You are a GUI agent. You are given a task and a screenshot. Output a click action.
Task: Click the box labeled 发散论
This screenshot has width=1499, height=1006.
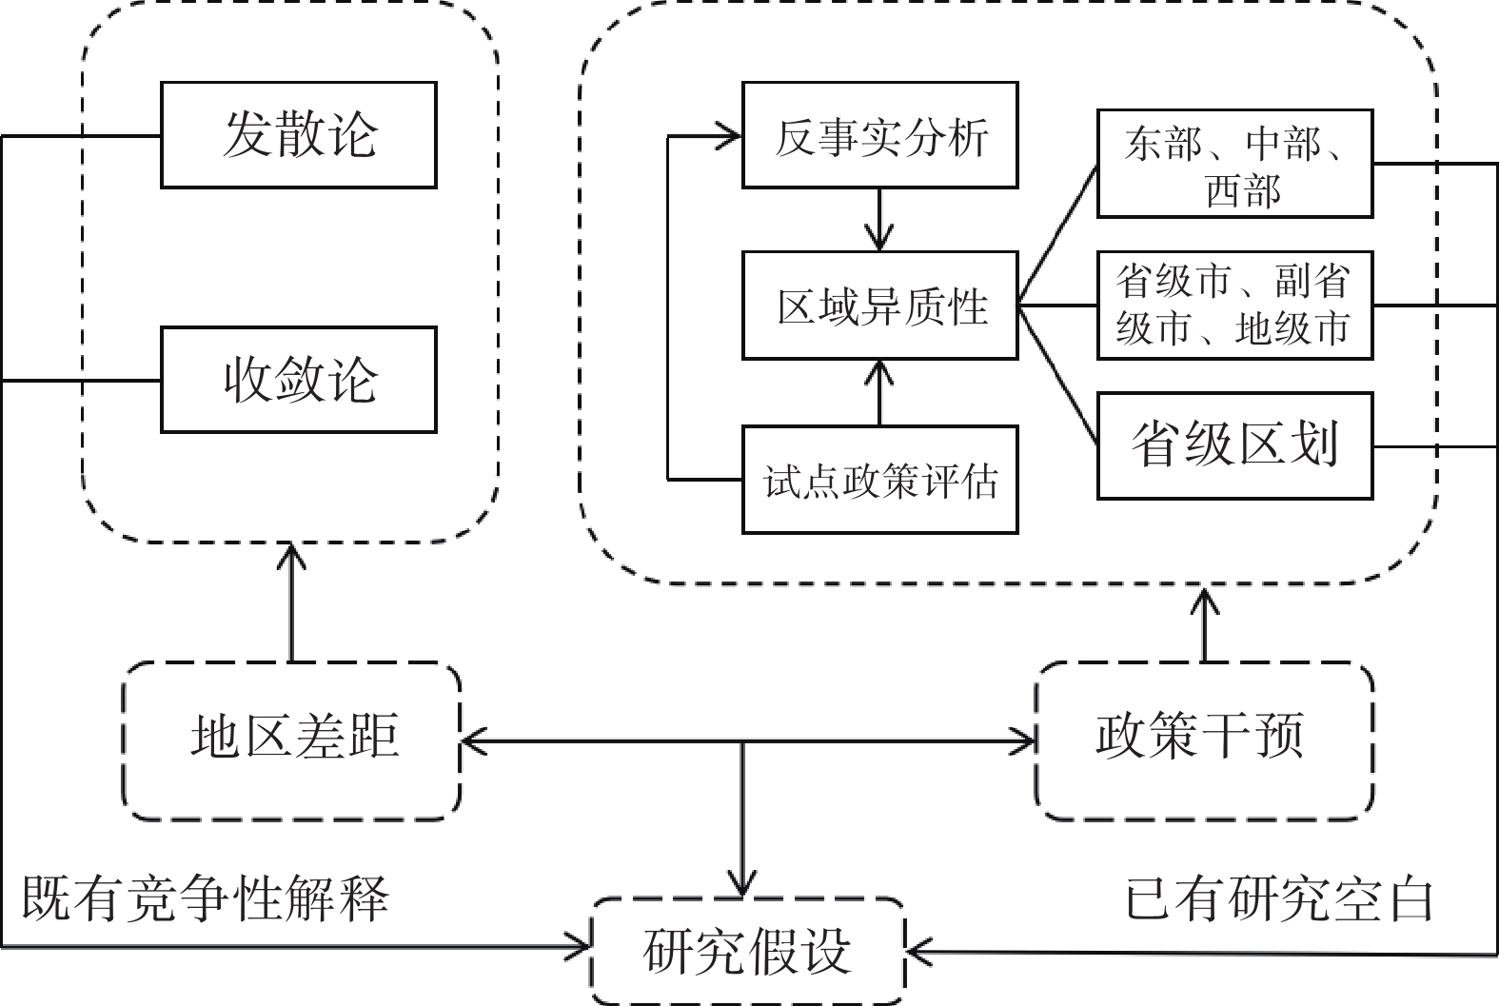tap(298, 134)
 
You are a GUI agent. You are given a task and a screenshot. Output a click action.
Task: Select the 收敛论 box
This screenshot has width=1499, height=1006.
tap(298, 380)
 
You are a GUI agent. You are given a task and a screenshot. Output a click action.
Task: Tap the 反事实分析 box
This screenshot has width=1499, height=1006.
tap(879, 134)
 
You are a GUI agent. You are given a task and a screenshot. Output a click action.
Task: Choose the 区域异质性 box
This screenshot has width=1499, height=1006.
tap(879, 306)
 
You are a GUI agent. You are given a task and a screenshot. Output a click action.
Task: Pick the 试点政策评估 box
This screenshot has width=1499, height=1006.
tap(879, 480)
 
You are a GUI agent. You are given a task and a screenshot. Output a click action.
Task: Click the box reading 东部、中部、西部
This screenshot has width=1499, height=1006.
tap(1234, 164)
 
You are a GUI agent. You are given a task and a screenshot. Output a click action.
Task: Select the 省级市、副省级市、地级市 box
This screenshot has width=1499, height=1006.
tap(1234, 306)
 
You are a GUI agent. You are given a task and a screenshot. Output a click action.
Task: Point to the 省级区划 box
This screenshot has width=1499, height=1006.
tap(1234, 445)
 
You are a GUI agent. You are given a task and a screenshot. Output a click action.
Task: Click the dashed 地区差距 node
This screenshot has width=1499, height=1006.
tap(291, 740)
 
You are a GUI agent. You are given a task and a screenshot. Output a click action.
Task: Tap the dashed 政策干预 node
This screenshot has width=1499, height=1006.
tap(1204, 740)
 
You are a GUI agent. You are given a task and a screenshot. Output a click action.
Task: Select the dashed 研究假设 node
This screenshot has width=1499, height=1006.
tap(747, 951)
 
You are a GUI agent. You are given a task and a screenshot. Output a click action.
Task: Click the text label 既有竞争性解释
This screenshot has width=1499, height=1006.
tap(206, 898)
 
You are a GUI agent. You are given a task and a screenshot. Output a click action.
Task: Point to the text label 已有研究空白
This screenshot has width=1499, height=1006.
tap(1279, 898)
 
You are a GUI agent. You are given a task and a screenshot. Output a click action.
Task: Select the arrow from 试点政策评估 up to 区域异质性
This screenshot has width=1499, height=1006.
tap(879, 392)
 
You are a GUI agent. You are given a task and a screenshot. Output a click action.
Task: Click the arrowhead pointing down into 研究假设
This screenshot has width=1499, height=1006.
tap(742, 883)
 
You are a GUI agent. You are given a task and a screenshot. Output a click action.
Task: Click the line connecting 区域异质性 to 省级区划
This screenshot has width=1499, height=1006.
tap(1058, 376)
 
